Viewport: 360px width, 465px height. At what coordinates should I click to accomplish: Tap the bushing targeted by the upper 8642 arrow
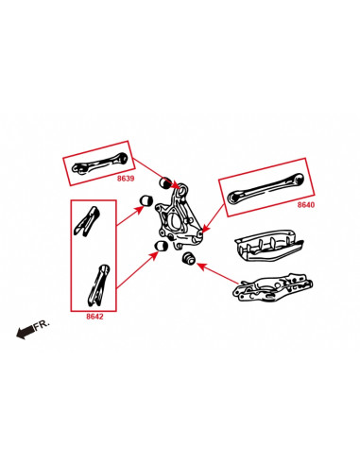click(146, 199)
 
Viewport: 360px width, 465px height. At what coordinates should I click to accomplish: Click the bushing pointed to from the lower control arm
click(186, 258)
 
